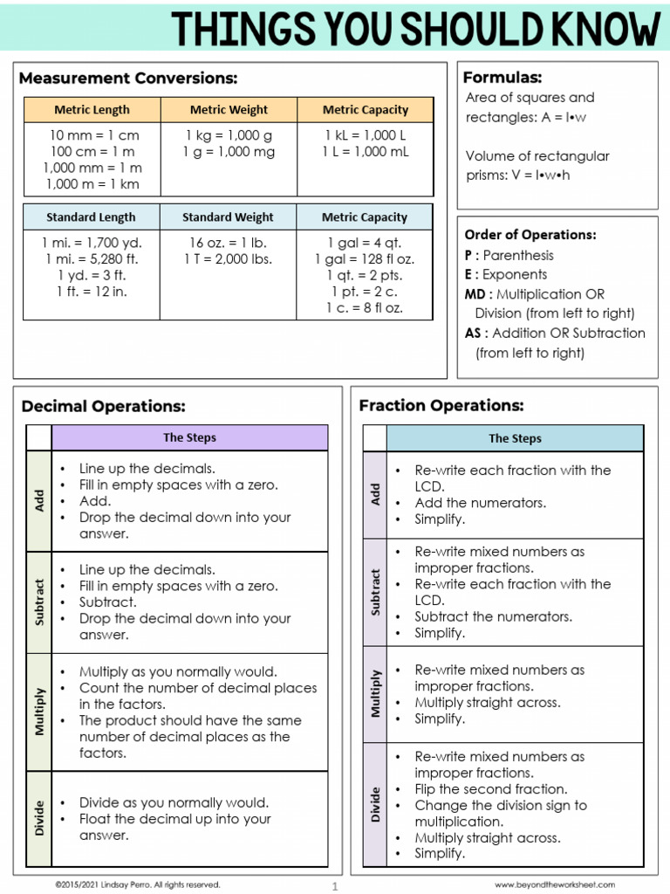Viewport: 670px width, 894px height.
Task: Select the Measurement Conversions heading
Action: point(128,79)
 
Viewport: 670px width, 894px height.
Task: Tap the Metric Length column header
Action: point(92,110)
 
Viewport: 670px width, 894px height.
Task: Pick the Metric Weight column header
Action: point(229,110)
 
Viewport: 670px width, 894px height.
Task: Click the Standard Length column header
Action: point(91,217)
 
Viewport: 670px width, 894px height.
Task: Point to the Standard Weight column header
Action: point(228,217)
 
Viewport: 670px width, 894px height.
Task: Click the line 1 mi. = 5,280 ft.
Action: point(92,259)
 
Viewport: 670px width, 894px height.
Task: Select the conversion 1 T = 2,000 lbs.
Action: point(228,259)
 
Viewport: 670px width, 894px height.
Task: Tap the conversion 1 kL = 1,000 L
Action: point(365,135)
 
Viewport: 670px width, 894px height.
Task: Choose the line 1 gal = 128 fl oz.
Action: point(365,259)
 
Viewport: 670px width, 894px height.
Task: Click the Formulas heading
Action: point(502,78)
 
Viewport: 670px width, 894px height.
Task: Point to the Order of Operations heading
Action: point(530,235)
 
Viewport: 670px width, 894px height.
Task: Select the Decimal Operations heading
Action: point(104,407)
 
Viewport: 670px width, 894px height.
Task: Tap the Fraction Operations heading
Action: point(441,406)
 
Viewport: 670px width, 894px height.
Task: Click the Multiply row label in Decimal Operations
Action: point(39,712)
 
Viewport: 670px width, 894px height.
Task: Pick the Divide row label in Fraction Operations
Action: point(375,804)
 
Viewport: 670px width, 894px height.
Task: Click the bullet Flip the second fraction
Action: point(490,789)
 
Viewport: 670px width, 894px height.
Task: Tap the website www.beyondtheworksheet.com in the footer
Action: point(554,884)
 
